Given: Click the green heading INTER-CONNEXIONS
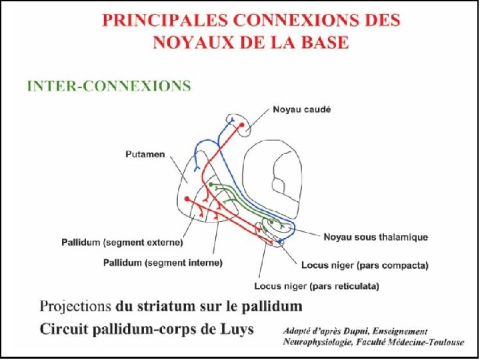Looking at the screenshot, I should tap(109, 86).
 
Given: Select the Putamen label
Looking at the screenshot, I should tap(146, 155).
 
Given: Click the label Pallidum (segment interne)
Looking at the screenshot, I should tap(163, 263).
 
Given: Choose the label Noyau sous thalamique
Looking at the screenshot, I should tap(376, 237).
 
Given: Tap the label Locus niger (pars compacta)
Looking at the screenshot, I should tap(365, 265).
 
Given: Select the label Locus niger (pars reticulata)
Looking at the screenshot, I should tap(317, 287).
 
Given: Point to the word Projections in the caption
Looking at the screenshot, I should tap(75, 307).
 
